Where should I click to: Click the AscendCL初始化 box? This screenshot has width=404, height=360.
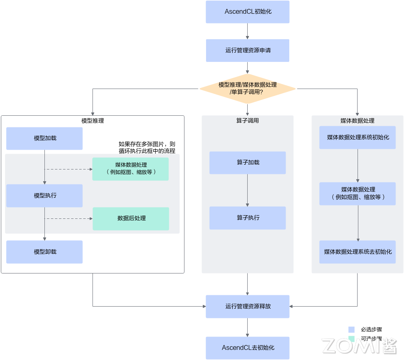point(248,12)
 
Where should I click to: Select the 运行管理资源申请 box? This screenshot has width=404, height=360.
point(248,51)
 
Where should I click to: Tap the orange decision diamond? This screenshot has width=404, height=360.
point(248,89)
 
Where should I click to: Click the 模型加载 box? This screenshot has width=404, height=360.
point(44,138)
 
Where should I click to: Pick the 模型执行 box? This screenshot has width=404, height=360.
point(44,196)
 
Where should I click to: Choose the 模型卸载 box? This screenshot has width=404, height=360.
point(44,252)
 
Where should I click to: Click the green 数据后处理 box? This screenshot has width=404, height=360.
point(131,218)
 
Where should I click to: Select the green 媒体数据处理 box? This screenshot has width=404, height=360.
point(130,169)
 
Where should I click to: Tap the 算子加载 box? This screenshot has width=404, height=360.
point(248,163)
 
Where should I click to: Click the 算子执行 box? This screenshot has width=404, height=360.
point(248,218)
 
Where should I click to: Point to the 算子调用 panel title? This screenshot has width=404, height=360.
point(248,121)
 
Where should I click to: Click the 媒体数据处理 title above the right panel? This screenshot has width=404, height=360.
point(358,121)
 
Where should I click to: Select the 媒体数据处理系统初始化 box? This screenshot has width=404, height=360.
point(358,138)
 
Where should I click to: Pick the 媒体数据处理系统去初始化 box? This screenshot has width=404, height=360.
point(358,252)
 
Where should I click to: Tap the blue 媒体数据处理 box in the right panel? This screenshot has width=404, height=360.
point(358,193)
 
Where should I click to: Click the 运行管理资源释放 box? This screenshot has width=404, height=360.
point(248,306)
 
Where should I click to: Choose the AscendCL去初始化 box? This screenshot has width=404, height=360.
point(248,348)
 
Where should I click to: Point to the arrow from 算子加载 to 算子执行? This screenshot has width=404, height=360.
point(248,190)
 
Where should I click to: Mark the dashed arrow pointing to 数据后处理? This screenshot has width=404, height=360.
point(69,218)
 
